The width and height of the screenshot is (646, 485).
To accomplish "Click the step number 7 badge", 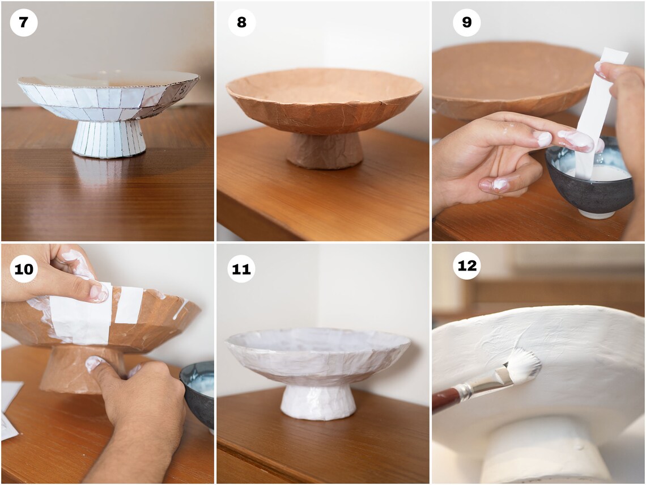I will [24, 23].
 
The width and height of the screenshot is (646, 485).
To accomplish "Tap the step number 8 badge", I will [242, 23].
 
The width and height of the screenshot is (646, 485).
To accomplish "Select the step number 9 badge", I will [467, 23].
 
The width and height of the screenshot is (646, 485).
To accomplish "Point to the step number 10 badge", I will [24, 269].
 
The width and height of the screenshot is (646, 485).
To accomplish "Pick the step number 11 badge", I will [241, 269].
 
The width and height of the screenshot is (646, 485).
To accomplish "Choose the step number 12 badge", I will [467, 265].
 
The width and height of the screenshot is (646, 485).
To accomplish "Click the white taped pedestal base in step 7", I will [108, 138].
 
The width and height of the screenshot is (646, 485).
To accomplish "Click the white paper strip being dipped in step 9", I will [596, 108].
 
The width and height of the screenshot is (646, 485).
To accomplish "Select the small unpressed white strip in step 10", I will [130, 305].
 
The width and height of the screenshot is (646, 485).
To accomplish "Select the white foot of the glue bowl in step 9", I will [597, 214].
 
